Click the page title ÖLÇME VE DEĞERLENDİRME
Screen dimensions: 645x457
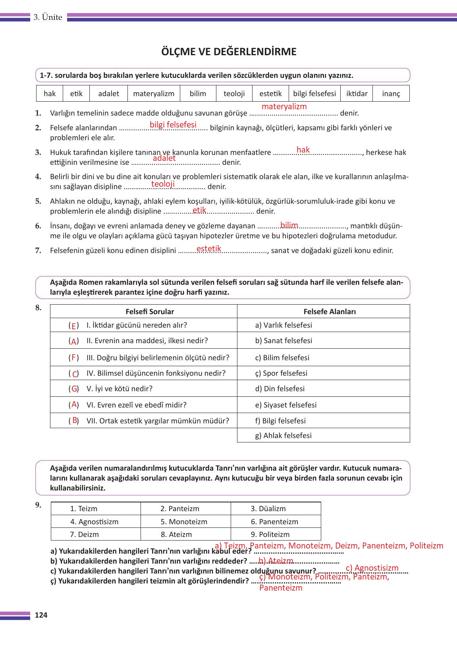click(229, 52)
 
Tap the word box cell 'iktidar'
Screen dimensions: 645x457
click(357, 94)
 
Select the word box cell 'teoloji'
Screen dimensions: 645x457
click(234, 94)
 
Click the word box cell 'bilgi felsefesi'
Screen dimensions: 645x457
click(314, 94)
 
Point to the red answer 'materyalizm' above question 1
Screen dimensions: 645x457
click(284, 106)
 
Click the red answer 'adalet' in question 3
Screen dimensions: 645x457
click(164, 158)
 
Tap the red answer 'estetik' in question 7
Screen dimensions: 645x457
click(208, 249)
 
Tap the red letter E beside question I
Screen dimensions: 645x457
click(73, 326)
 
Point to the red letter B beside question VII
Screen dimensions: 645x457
click(75, 421)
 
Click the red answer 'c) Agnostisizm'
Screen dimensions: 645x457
click(372, 568)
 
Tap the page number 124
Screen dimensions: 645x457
click(41, 615)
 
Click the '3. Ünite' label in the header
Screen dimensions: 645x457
click(48, 17)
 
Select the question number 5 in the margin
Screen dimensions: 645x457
click(38, 201)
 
